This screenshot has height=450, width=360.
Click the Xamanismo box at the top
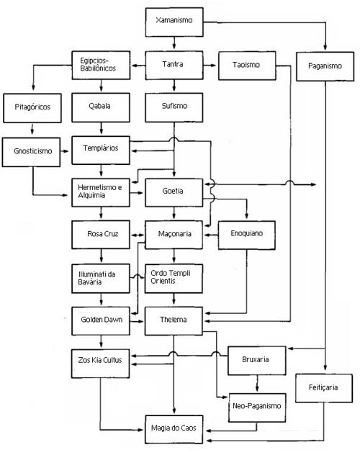[x=174, y=22]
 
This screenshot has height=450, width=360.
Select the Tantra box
[x=174, y=65]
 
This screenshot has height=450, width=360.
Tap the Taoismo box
[x=247, y=66]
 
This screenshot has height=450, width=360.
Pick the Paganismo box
[x=325, y=66]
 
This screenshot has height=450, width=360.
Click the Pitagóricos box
[x=32, y=108]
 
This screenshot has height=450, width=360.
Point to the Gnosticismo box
[x=31, y=152]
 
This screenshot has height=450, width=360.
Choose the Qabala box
[x=101, y=107]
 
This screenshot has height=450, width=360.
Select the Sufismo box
[x=174, y=107]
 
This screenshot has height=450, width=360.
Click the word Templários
[x=101, y=148]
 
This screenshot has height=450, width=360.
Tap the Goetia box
[x=174, y=192]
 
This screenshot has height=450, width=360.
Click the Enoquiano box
[x=247, y=235]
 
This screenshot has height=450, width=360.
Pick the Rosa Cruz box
[x=101, y=235]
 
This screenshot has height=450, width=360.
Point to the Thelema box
[x=174, y=321]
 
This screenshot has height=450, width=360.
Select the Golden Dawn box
[x=101, y=321]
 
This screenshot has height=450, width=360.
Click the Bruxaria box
[x=256, y=361]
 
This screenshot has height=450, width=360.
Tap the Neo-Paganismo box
[x=257, y=408]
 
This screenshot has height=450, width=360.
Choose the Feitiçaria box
[x=324, y=388]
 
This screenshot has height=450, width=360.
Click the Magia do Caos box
[x=174, y=429]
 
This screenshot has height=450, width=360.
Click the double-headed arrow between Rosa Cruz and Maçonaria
[x=138, y=235]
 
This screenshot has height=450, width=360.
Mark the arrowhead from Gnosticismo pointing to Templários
[x=66, y=151]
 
